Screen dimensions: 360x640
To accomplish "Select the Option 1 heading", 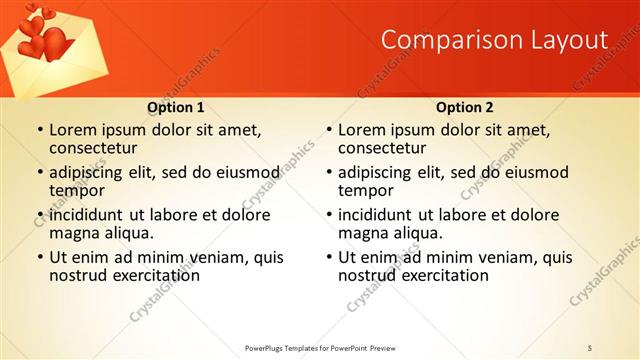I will tap(176, 107).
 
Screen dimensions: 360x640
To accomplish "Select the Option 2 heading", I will tap(464, 107).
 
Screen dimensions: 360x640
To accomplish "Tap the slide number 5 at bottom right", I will tap(591, 346).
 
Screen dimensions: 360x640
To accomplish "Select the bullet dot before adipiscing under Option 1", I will tap(40, 172).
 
